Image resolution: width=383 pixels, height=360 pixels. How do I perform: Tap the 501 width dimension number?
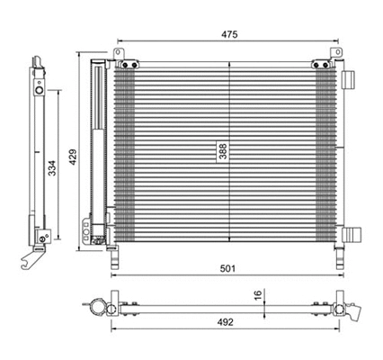(x=229, y=267)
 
